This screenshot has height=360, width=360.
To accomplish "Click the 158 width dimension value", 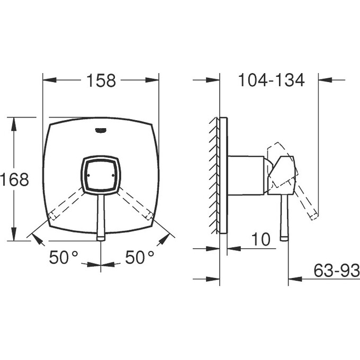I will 101,80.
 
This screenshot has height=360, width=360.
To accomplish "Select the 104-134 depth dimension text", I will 271,80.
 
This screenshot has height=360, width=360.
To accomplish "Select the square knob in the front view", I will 101,174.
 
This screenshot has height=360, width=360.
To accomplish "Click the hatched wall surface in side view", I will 214,175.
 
